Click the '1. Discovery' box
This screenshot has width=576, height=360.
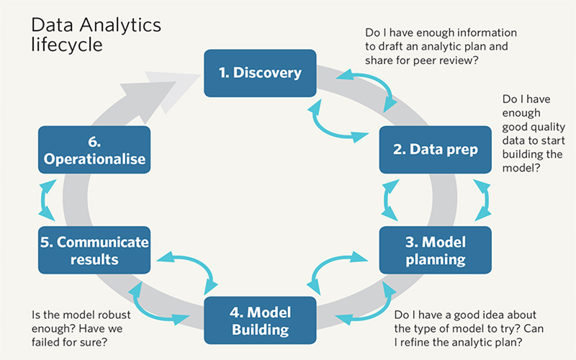click(x=260, y=73)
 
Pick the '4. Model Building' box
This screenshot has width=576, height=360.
click(x=260, y=321)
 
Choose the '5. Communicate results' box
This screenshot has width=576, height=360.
click(x=94, y=250)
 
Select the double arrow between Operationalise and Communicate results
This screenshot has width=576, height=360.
click(x=47, y=201)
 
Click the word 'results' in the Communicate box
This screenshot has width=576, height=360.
click(x=94, y=258)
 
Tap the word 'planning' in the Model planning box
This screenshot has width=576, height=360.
click(x=435, y=258)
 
